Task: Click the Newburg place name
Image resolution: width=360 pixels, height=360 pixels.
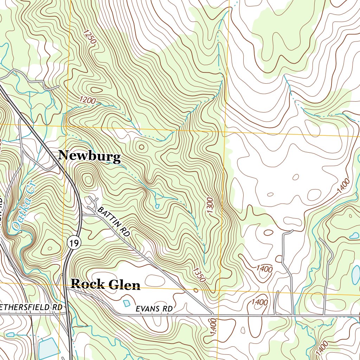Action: (x=89, y=156)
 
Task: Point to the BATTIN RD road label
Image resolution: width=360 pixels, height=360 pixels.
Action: (x=114, y=221)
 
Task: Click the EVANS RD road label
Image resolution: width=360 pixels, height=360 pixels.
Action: (x=154, y=309)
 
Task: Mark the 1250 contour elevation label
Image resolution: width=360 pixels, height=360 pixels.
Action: (x=90, y=37)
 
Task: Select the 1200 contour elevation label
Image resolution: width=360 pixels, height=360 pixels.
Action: (x=87, y=101)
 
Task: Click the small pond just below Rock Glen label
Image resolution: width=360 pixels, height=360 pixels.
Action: (x=126, y=303)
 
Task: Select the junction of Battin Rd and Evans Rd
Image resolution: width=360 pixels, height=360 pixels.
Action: (x=212, y=313)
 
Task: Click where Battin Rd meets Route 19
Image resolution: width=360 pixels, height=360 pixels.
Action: (x=82, y=213)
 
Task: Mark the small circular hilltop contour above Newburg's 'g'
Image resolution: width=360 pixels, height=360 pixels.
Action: (x=142, y=147)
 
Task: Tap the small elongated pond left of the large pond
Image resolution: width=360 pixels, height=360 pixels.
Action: (x=10, y=334)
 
